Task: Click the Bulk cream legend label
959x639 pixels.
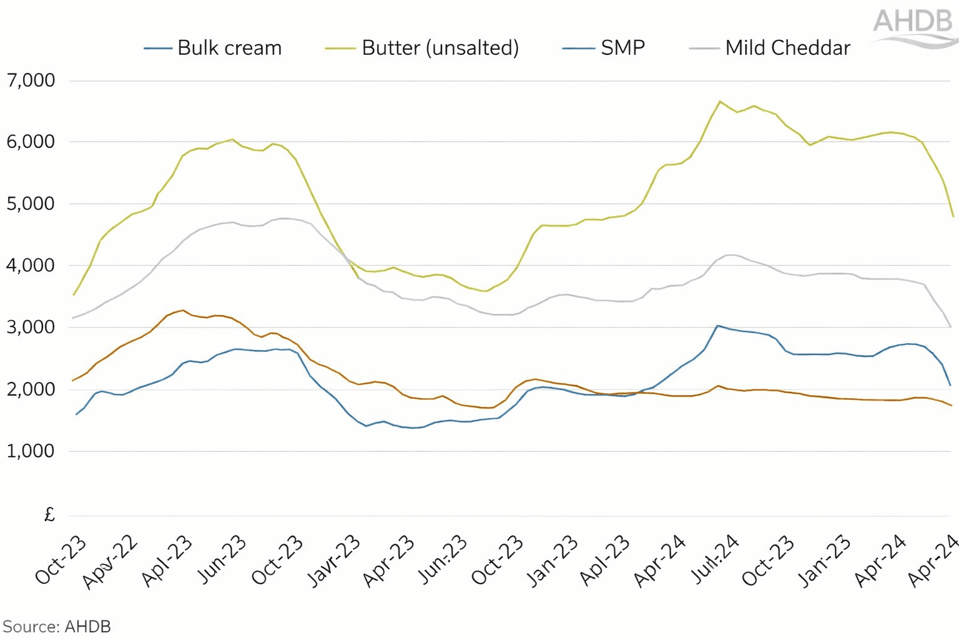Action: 229,48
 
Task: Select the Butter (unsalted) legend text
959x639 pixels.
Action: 440,48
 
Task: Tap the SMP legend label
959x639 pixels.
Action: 622,48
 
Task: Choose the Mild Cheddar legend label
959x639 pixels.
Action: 787,48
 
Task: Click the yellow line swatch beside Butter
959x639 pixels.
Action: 340,49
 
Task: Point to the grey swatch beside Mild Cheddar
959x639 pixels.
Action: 704,49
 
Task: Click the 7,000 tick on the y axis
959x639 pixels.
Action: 31,80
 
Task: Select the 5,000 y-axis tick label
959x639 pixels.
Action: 31,204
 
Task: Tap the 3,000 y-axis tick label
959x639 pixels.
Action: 31,328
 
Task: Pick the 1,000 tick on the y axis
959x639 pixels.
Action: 31,451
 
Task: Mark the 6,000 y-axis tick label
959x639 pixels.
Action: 31,142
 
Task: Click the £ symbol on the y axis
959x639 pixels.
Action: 49,515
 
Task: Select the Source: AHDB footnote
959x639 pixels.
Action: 57,627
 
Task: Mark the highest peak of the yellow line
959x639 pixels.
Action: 720,101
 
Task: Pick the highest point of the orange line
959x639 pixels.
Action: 182,310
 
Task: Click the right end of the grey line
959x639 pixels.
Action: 950,326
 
